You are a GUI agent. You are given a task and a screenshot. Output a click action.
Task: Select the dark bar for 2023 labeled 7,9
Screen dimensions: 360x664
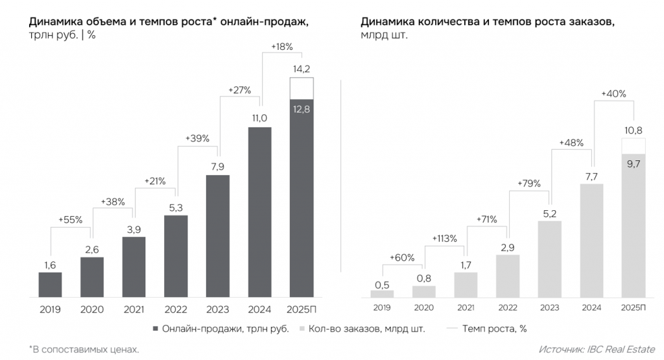click(217, 237)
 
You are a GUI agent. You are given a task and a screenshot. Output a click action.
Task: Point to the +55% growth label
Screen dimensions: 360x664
click(71, 220)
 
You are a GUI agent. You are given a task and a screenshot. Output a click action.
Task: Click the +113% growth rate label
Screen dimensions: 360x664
click(445, 239)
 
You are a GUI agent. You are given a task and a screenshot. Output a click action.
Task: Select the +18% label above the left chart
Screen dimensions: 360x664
click(281, 47)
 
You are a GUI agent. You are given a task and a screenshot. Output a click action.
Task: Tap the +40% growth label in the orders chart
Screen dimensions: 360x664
click(613, 93)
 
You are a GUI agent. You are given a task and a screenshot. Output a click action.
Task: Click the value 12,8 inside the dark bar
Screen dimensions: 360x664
click(301, 110)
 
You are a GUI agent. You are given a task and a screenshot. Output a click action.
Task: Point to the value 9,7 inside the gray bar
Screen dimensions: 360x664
click(633, 164)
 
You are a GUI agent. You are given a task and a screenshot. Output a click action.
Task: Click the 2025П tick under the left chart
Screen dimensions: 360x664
click(301, 309)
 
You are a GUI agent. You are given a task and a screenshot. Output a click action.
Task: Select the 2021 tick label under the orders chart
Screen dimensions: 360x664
click(466, 308)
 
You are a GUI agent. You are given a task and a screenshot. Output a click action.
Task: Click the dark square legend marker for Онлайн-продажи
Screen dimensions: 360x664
click(155, 329)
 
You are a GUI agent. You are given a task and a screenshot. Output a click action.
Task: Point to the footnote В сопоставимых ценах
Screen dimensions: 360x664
click(84, 349)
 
